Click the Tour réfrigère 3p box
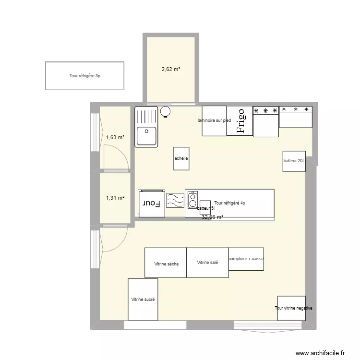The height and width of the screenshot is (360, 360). point(84,76)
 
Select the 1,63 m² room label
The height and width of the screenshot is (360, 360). point(115,138)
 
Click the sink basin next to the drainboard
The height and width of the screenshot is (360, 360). point(146,136)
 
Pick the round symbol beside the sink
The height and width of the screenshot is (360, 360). point(166,112)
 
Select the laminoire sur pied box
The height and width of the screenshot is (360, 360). point(214,120)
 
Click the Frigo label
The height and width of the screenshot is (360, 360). point(240,121)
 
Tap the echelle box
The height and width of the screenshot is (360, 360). point(181,158)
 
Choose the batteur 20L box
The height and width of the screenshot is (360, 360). point(294,161)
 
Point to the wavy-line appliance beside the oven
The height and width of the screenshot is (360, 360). point(175,200)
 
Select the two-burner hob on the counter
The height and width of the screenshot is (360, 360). point(192,200)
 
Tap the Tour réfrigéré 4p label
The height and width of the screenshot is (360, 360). point(229,203)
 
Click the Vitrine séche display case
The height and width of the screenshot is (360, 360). point(166,263)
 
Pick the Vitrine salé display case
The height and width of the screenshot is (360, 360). point(207,263)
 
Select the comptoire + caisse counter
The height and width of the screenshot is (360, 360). point(246,259)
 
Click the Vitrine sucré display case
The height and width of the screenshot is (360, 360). point(143,300)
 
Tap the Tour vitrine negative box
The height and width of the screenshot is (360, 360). point(294,308)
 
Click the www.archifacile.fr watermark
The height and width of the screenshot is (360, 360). point(321,352)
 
